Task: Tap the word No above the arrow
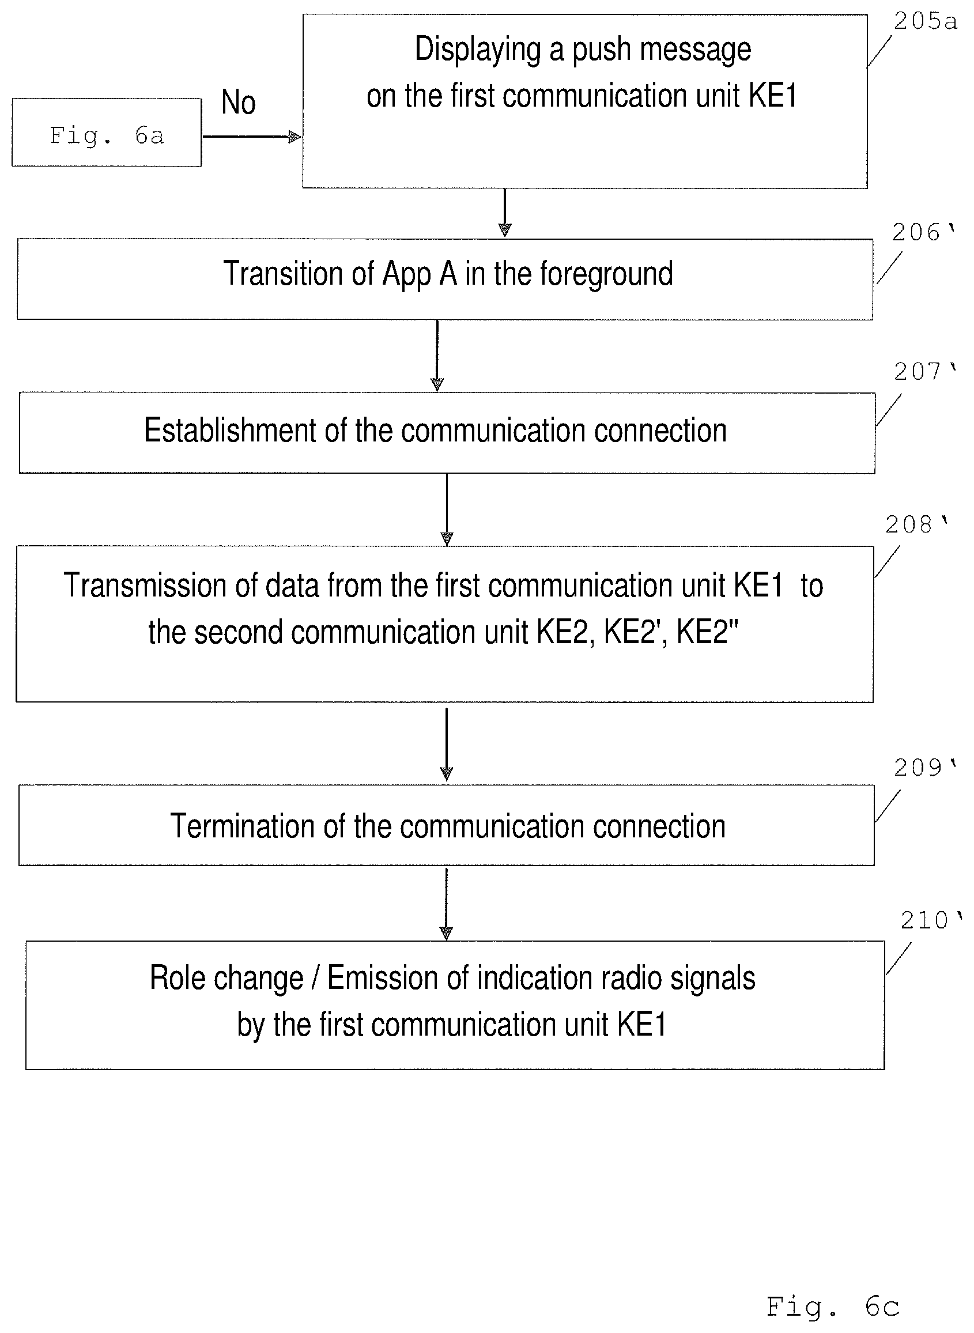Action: [238, 102]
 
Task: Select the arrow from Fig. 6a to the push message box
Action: [252, 137]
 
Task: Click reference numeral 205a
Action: [925, 22]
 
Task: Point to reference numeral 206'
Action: [923, 232]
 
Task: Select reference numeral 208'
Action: [916, 524]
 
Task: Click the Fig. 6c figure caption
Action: [832, 1307]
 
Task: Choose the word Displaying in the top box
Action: [478, 50]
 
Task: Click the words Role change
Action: [226, 978]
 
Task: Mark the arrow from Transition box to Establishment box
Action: [437, 356]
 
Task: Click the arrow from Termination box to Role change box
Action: [446, 904]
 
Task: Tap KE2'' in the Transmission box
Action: [707, 632]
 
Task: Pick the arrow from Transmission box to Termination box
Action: [446, 744]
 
